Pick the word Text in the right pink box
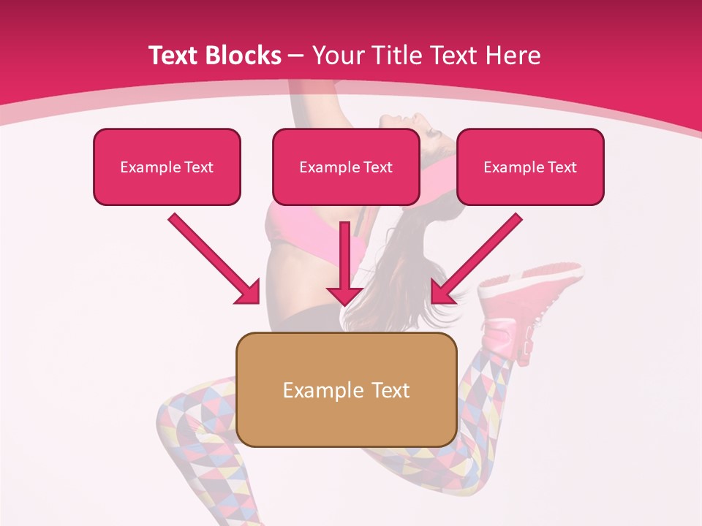(x=561, y=167)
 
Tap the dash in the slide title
(x=296, y=56)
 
